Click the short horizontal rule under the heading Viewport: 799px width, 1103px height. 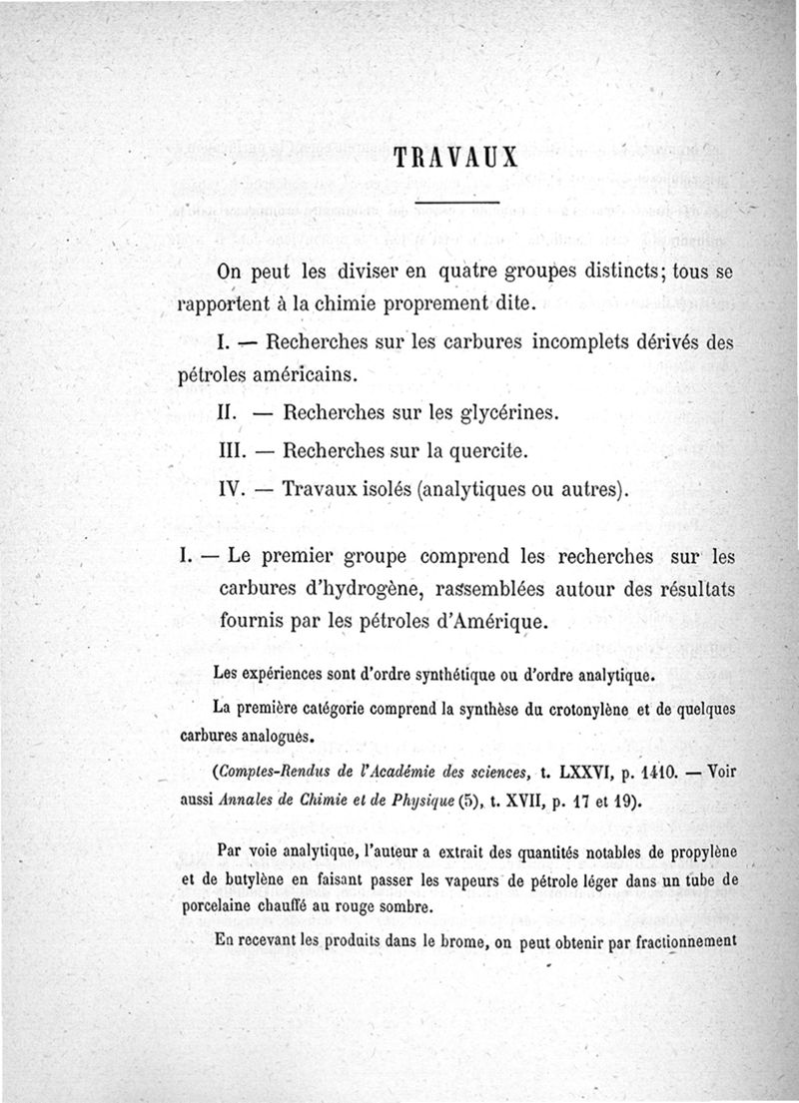coord(455,206)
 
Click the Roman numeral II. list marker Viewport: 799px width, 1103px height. coord(232,411)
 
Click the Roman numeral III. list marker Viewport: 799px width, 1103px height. coord(236,450)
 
